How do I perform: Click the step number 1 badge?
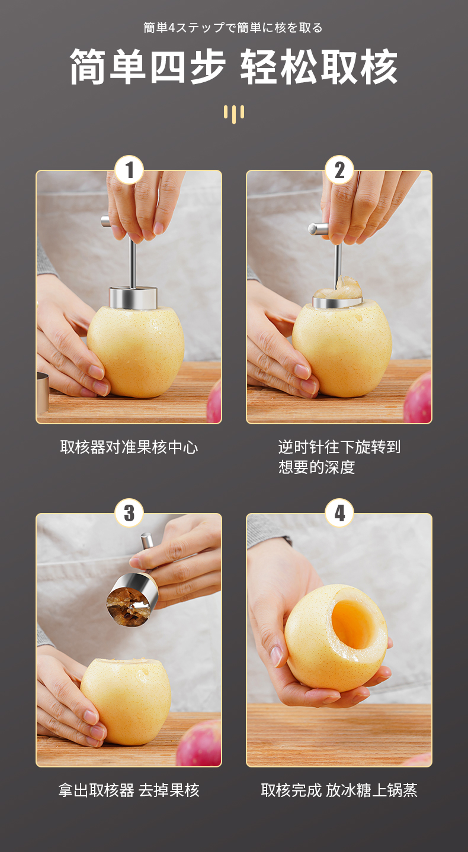click(129, 170)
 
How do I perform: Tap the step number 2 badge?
click(339, 170)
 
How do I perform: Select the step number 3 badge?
click(129, 513)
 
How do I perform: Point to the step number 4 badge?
click(339, 513)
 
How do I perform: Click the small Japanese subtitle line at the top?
click(233, 28)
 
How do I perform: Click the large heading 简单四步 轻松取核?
click(233, 66)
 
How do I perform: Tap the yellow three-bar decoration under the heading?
click(234, 114)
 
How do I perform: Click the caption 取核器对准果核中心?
click(129, 447)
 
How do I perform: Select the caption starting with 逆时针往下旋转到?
click(339, 457)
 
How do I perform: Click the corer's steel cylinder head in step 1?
click(133, 298)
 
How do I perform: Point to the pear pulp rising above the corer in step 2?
click(338, 289)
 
